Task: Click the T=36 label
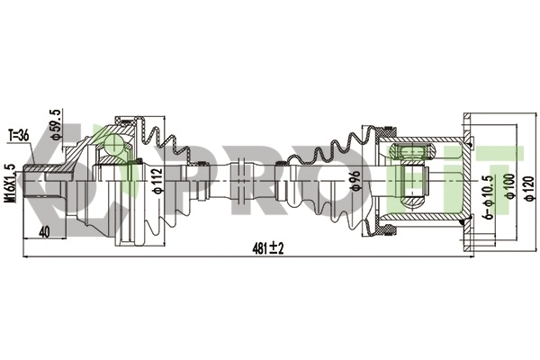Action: pyautogui.click(x=19, y=135)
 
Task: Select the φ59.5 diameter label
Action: pyautogui.click(x=56, y=124)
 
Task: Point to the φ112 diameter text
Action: pyautogui.click(x=157, y=181)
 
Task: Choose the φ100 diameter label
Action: pyautogui.click(x=510, y=186)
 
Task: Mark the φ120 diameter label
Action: pyautogui.click(x=532, y=186)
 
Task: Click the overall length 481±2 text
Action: pyautogui.click(x=267, y=248)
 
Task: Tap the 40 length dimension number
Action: pyautogui.click(x=44, y=232)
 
